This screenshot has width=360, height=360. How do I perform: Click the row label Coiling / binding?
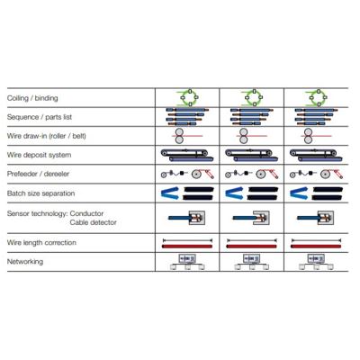(32, 98)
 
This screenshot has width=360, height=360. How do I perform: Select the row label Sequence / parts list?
(40, 117)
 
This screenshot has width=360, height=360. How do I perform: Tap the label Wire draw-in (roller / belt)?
(46, 136)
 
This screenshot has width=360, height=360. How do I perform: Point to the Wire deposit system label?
(39, 155)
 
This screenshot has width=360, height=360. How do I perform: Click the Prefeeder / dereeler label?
(38, 174)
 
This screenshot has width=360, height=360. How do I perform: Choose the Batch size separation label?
(40, 193)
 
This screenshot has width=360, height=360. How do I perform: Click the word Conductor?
(86, 213)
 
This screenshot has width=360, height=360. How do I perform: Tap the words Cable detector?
(93, 222)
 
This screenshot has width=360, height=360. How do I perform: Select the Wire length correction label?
(41, 242)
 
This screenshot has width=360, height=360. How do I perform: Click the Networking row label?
(25, 262)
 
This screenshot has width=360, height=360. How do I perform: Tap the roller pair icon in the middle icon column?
(243, 136)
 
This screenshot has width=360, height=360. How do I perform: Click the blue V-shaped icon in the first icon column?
(170, 193)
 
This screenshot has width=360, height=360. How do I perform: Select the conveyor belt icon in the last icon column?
(316, 156)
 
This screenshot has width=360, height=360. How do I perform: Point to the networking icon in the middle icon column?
(251, 262)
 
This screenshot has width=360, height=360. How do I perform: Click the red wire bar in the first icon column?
(187, 247)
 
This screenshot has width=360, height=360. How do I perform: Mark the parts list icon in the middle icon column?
(251, 117)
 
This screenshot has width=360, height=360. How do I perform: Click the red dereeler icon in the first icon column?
(203, 174)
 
